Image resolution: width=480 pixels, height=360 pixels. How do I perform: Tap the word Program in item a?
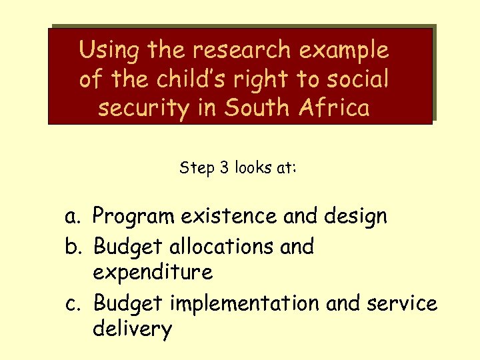(x=133, y=217)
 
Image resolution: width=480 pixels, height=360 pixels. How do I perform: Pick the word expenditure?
(x=153, y=272)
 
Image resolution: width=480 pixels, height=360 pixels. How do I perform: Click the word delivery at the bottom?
(x=133, y=329)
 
